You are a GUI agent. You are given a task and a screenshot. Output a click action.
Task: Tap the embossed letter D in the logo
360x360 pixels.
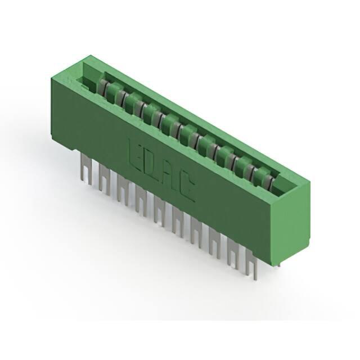coord(150,165)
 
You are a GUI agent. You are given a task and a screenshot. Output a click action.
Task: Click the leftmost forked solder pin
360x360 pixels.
coord(86,168)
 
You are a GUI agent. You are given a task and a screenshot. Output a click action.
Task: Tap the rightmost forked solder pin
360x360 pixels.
coord(251,264)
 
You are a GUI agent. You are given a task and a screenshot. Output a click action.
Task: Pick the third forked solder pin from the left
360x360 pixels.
coord(123,190)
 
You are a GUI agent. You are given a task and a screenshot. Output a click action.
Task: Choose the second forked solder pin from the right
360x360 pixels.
coord(233,254)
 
